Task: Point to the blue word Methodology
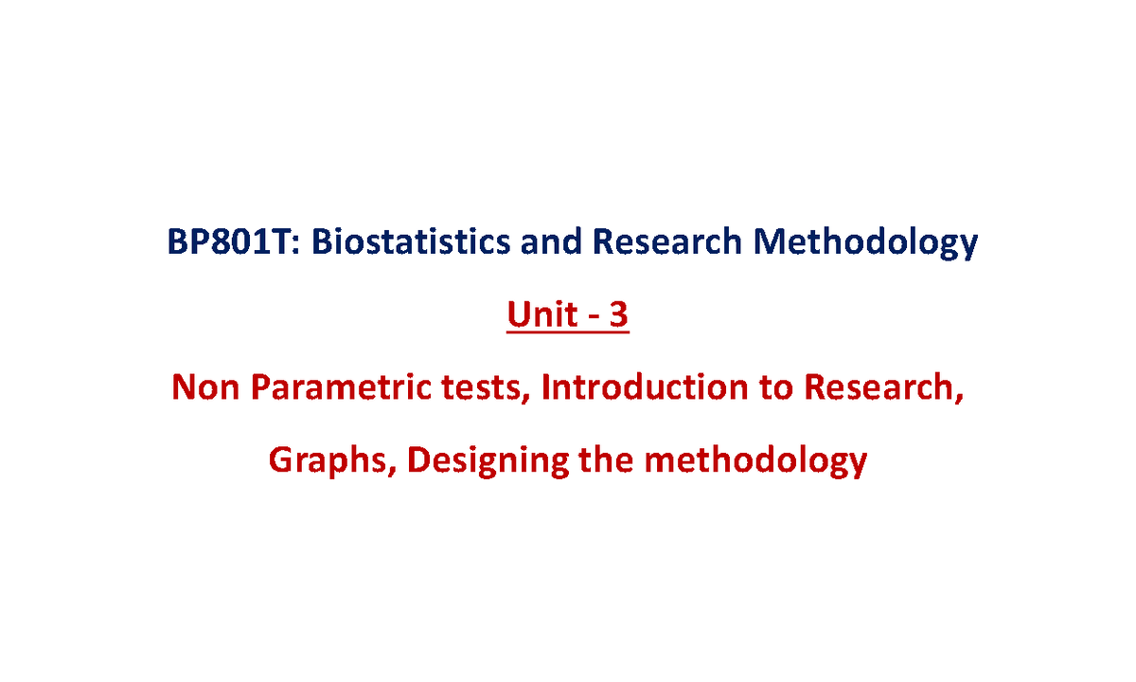(865, 243)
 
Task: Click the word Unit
(542, 314)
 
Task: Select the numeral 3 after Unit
(618, 314)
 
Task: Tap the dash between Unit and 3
(593, 318)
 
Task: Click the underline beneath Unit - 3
(568, 332)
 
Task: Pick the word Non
(205, 387)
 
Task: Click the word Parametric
(341, 387)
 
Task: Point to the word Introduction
(645, 387)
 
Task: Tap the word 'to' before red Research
(776, 388)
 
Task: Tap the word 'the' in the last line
(606, 459)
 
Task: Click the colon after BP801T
(296, 244)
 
